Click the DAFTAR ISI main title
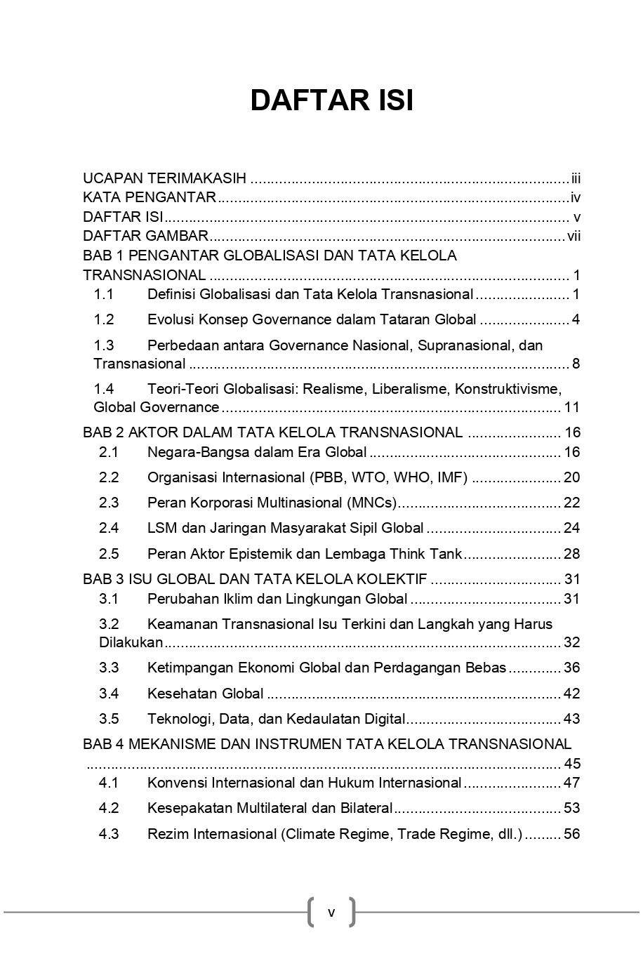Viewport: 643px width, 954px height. tap(331, 100)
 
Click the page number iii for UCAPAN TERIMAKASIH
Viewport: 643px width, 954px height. tap(576, 178)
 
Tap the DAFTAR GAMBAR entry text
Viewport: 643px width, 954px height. tap(145, 236)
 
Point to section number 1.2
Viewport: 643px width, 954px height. tap(104, 320)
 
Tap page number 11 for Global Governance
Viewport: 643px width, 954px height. tap(571, 408)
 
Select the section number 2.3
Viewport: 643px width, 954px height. tap(109, 503)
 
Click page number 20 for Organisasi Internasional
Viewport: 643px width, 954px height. tap(571, 478)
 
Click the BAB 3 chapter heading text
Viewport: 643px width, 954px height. tap(255, 580)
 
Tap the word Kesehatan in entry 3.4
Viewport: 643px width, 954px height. tap(179, 694)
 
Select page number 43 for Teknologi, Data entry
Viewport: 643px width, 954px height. tap(571, 719)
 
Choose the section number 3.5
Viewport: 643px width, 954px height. tap(109, 719)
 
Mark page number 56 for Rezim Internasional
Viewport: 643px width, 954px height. tap(571, 834)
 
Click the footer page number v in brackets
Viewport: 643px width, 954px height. tap(331, 913)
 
